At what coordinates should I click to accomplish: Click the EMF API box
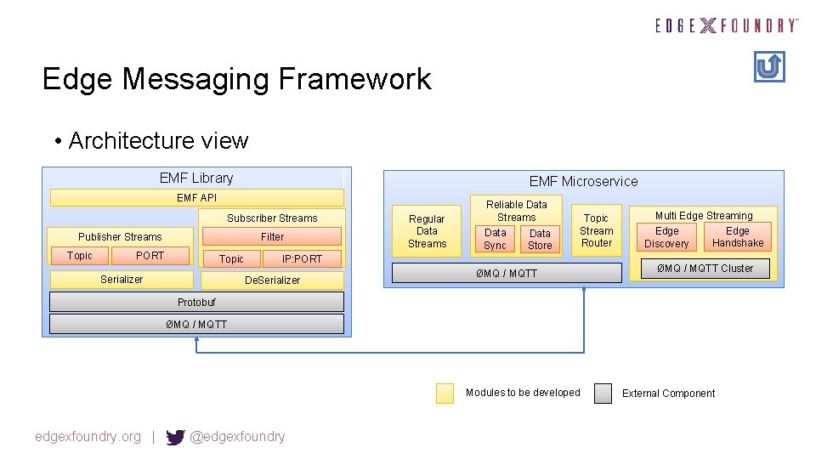pyautogui.click(x=196, y=198)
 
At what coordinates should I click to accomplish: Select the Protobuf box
pyautogui.click(x=196, y=302)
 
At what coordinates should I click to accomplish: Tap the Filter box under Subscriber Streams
pyautogui.click(x=272, y=236)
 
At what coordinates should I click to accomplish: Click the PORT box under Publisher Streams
pyautogui.click(x=150, y=256)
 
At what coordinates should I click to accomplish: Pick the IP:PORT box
pyautogui.click(x=302, y=258)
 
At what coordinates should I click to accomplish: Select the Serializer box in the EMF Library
pyautogui.click(x=121, y=280)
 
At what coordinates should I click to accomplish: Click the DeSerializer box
pyautogui.click(x=272, y=280)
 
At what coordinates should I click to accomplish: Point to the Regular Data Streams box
pyautogui.click(x=427, y=231)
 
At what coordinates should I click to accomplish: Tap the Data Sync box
pyautogui.click(x=495, y=239)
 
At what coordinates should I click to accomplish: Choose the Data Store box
pyautogui.click(x=540, y=239)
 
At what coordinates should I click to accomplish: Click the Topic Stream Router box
pyautogui.click(x=596, y=230)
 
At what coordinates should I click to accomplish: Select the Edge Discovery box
pyautogui.click(x=666, y=237)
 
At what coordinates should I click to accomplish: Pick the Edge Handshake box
pyautogui.click(x=737, y=237)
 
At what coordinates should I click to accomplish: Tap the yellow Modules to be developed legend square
pyautogui.click(x=445, y=393)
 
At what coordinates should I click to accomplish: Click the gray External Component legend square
pyautogui.click(x=603, y=393)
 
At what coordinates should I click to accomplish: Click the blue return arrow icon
pyautogui.click(x=769, y=66)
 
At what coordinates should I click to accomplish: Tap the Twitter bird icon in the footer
pyautogui.click(x=175, y=437)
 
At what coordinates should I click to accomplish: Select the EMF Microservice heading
pyautogui.click(x=583, y=181)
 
